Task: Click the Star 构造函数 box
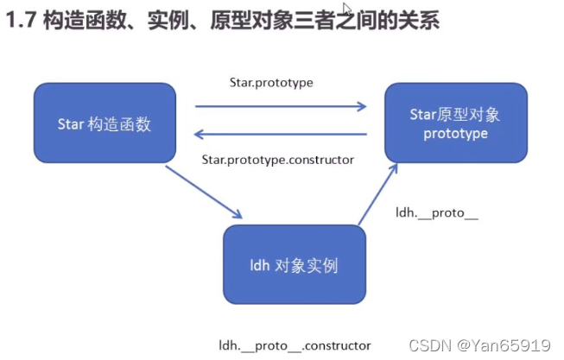click(104, 123)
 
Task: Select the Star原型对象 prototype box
click(455, 123)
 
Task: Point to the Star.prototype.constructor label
click(277, 160)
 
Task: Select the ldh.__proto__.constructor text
click(295, 344)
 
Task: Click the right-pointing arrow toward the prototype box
click(280, 106)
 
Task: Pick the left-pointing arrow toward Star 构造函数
click(280, 134)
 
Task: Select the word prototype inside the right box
click(456, 134)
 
